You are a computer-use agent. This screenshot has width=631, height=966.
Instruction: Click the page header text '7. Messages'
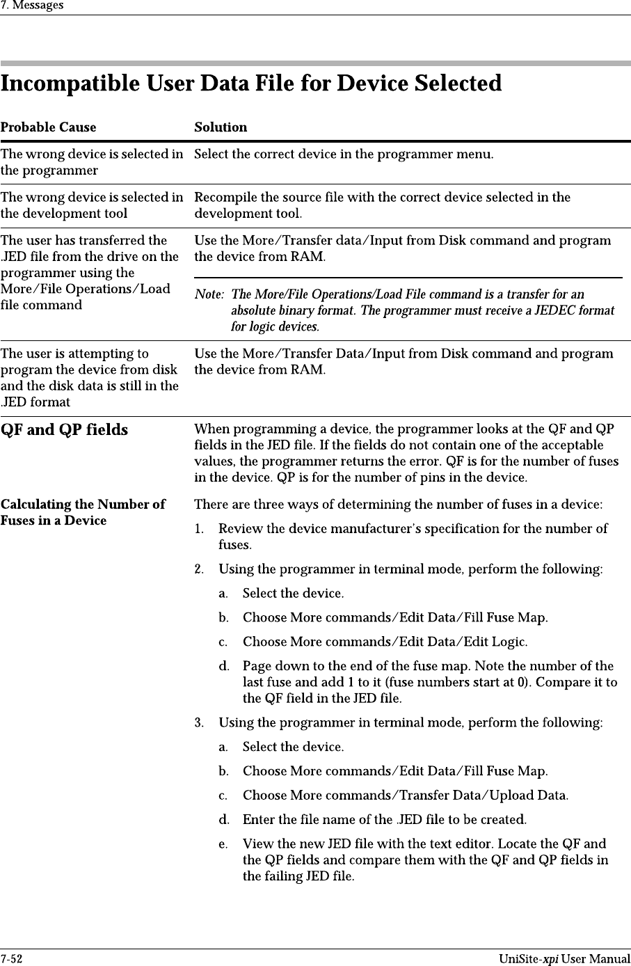coord(32,6)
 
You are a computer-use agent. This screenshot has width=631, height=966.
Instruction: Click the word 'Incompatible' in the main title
coord(70,84)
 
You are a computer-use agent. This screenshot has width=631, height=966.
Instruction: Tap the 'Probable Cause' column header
coord(48,127)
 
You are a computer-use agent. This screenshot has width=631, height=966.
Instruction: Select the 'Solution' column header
coord(221,127)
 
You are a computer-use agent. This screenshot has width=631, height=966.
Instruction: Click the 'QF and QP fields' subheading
coord(64,430)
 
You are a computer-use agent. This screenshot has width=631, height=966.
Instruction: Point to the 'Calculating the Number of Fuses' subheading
coord(83,512)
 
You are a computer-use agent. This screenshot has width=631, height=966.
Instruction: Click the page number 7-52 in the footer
coord(12,959)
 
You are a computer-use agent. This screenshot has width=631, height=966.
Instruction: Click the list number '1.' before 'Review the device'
coord(200,529)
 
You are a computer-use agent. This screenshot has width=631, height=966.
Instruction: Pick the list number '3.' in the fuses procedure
coord(200,722)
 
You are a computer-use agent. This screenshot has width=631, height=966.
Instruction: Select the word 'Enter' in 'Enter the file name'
coord(259,820)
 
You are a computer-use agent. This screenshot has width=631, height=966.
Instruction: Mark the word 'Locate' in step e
coord(518,844)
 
